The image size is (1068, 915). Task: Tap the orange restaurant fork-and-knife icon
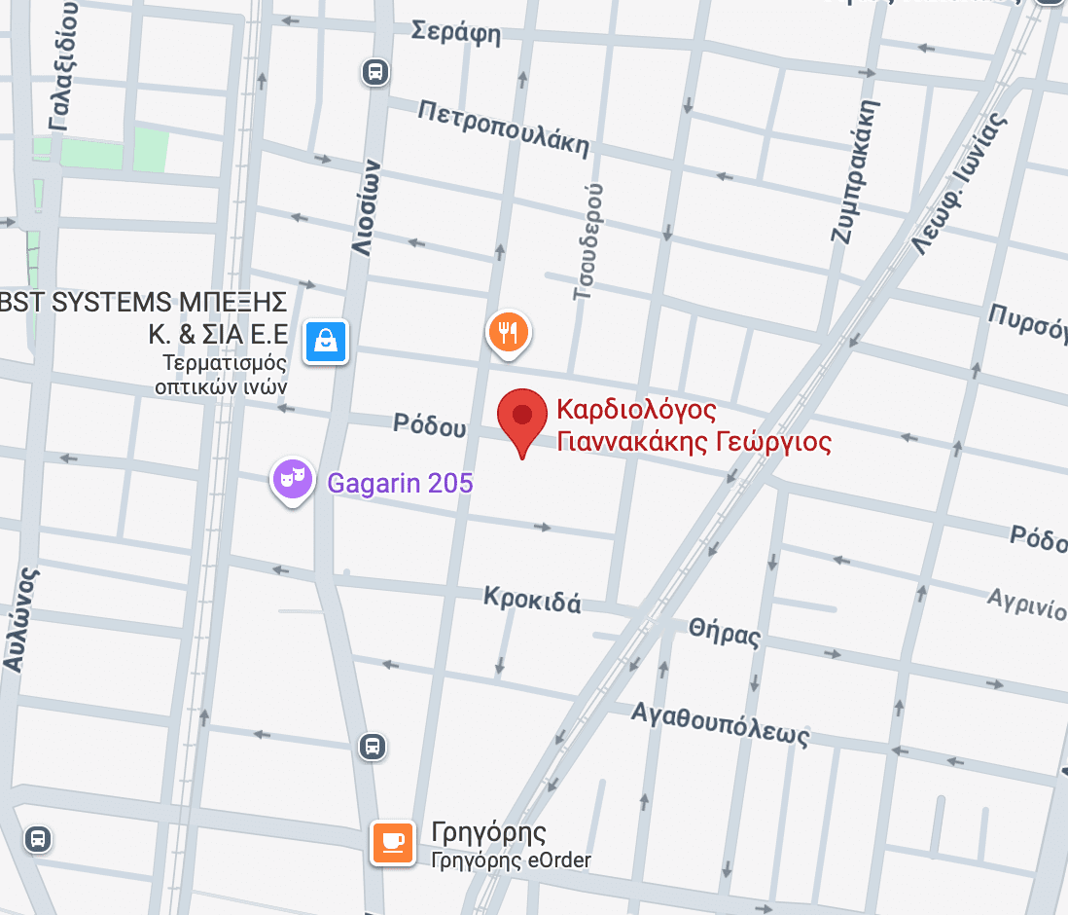(507, 332)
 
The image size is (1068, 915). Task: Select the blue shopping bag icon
(326, 341)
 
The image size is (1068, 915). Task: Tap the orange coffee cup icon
(393, 842)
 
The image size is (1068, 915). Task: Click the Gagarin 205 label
(400, 482)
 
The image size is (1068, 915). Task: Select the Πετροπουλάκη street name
(503, 128)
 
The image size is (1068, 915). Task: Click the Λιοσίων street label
(364, 208)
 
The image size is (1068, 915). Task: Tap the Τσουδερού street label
(589, 239)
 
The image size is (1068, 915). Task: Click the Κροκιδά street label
(532, 598)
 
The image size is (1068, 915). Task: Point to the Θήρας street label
(724, 632)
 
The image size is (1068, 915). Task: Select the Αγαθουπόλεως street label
(720, 722)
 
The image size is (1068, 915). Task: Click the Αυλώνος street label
(22, 619)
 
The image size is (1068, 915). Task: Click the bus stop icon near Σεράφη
(375, 72)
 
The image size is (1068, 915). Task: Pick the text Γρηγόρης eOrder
(511, 860)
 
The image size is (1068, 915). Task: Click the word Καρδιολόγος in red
(636, 410)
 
